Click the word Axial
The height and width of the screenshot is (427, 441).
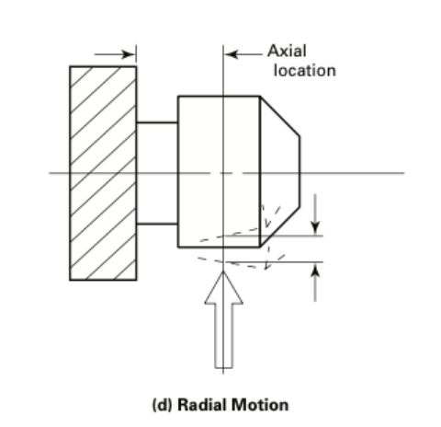(287, 51)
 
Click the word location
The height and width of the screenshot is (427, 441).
(305, 71)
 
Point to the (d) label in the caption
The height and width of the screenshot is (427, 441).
(163, 405)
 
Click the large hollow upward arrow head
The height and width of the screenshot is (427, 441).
(224, 288)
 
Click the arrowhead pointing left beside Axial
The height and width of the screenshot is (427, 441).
(232, 54)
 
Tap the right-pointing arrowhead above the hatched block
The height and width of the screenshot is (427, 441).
(129, 54)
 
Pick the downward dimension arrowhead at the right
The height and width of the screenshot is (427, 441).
(315, 228)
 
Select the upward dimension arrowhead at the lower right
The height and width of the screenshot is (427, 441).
(315, 270)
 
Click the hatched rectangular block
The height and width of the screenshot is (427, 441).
(103, 173)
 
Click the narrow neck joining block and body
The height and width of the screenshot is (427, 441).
(157, 173)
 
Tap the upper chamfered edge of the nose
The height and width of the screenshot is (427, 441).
(279, 116)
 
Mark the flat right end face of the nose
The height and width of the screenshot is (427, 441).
(300, 172)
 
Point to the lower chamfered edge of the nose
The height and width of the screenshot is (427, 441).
(279, 227)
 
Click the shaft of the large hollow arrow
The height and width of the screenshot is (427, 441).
(224, 336)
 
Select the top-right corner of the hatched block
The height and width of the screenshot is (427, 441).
(136, 66)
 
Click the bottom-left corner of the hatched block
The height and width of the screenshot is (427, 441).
(70, 280)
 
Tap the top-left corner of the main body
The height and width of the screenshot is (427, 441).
(178, 97)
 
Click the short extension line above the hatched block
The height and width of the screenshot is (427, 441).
(136, 55)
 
